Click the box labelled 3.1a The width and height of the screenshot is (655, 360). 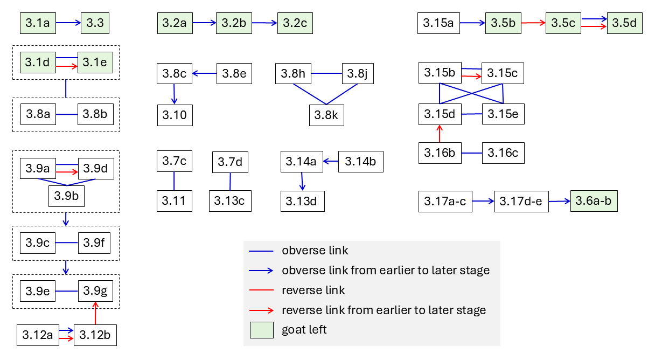click(38, 23)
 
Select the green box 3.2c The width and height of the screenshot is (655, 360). click(295, 23)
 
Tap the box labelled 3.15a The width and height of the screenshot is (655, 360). click(438, 23)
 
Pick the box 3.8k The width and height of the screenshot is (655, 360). click(326, 115)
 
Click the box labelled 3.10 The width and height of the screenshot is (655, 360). click(175, 115)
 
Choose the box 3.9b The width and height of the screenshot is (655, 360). click(66, 196)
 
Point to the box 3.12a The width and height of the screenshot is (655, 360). click(38, 335)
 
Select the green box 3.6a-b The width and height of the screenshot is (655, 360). click(594, 201)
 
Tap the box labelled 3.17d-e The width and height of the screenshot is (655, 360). click(521, 202)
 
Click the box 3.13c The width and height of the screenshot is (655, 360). click(230, 201)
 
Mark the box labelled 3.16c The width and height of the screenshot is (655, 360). click(503, 153)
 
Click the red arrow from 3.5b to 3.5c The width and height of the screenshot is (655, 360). click(533, 23)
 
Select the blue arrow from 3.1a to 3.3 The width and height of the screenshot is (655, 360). click(68, 23)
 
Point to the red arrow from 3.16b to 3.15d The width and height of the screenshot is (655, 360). click(440, 134)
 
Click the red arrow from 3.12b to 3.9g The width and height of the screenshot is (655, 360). click(95, 313)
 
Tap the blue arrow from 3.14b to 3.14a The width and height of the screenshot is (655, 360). click(331, 161)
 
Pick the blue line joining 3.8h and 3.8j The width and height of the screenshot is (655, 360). click(326, 73)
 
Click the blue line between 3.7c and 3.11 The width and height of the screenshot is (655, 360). click(174, 181)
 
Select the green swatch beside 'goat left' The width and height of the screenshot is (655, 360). click(262, 330)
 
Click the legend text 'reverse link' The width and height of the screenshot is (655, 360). click(313, 290)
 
